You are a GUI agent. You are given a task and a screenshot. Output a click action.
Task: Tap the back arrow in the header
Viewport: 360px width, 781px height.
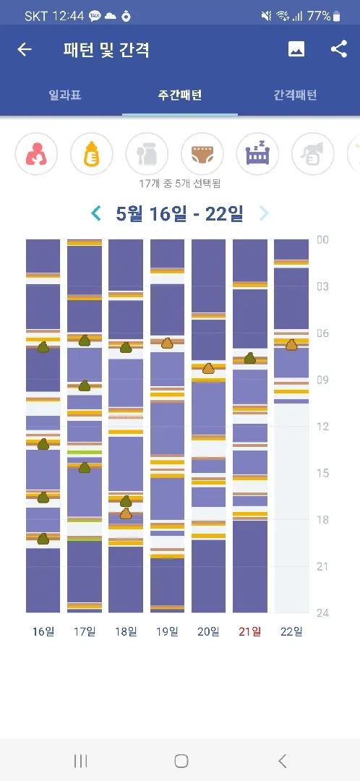[25, 49]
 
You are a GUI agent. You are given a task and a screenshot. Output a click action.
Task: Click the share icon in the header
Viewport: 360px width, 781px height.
[339, 49]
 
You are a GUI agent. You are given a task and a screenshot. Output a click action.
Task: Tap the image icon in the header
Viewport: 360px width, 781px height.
[296, 49]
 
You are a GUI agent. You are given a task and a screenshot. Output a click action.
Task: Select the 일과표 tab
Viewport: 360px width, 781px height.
[65, 95]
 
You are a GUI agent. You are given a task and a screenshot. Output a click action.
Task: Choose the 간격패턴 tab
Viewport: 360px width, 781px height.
[295, 95]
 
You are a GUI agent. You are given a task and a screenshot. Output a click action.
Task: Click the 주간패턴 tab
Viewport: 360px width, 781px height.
[180, 95]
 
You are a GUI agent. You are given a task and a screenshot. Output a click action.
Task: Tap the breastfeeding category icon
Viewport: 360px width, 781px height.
[36, 154]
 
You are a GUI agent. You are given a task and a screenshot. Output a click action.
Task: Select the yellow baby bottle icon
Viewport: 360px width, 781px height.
[92, 154]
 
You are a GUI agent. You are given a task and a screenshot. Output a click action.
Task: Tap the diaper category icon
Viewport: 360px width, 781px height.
[202, 154]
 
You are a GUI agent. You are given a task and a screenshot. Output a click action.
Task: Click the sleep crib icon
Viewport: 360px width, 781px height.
[257, 154]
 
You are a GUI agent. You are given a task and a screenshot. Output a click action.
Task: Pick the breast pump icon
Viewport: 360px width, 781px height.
[313, 154]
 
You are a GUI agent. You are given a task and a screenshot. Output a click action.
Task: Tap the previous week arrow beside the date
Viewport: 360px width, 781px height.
[96, 213]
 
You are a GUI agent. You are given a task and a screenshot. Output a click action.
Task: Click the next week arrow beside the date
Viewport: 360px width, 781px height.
[264, 213]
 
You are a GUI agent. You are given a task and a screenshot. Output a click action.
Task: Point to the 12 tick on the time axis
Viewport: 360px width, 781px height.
[322, 427]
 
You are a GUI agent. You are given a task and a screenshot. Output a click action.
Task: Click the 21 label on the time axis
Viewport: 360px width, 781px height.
[322, 567]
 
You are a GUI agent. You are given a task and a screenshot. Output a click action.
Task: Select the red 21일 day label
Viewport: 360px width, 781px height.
[250, 631]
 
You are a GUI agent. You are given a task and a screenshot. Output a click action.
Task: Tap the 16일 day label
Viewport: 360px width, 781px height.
[43, 631]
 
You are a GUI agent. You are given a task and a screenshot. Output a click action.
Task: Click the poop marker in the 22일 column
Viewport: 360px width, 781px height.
[291, 344]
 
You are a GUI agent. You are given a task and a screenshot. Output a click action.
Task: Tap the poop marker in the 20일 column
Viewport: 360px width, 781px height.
[208, 369]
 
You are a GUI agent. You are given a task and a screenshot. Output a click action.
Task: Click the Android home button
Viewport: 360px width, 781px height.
[181, 761]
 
